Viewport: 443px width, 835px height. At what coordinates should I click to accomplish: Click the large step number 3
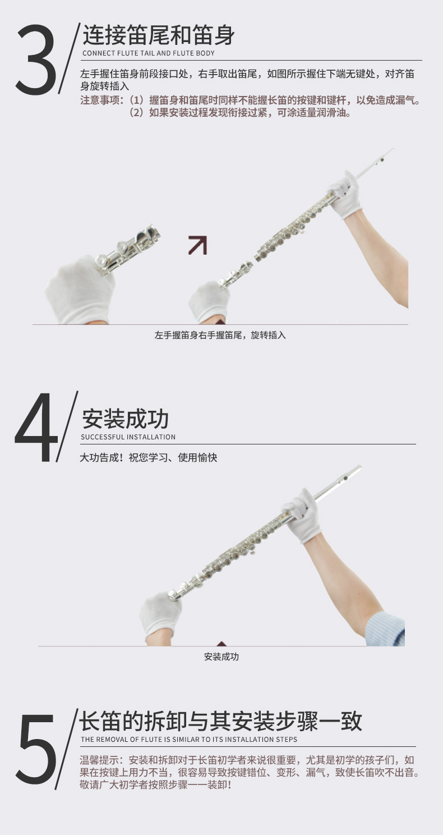(x=36, y=59)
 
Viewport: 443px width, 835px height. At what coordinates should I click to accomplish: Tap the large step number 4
(x=36, y=427)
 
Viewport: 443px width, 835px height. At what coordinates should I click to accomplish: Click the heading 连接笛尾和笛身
(x=158, y=35)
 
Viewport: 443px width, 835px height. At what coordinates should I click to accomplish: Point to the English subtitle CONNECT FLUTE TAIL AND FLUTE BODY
(x=148, y=53)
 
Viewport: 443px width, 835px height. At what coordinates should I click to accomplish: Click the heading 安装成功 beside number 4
(x=125, y=419)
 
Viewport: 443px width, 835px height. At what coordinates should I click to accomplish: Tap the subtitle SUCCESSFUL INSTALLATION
(x=128, y=437)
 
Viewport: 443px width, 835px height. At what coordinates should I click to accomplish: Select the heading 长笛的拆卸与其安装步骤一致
(x=220, y=721)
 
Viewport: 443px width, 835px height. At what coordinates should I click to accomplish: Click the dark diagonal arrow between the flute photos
(x=197, y=245)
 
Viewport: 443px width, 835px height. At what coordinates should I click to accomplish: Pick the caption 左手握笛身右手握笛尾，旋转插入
(x=220, y=335)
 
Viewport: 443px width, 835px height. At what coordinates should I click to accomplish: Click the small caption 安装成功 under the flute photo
(x=221, y=657)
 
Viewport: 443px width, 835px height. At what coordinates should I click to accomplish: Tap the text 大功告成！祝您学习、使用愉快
(x=148, y=457)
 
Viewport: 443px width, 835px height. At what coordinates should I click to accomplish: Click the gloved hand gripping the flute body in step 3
(x=345, y=194)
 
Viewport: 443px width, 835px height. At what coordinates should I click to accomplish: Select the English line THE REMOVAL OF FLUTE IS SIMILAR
(x=189, y=740)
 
